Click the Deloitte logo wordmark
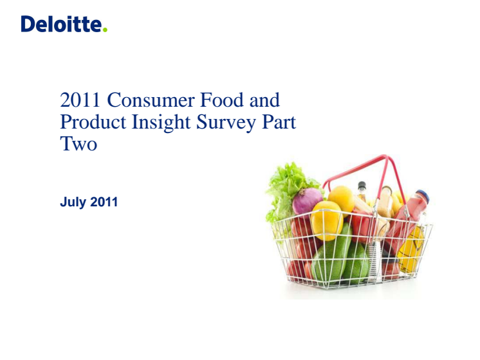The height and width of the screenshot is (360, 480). click(61, 24)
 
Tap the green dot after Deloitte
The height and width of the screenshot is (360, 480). click(105, 30)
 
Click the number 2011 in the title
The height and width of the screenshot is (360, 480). click(80, 100)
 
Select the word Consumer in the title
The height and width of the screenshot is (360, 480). click(151, 100)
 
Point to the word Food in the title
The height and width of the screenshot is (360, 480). click(221, 100)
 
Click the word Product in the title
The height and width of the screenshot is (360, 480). click(93, 122)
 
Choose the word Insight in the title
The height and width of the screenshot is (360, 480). click(161, 123)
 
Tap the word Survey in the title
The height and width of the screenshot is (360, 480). click(226, 123)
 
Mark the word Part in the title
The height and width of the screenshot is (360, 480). click(279, 122)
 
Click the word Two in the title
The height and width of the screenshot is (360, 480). click(78, 144)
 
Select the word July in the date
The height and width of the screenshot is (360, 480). click(73, 203)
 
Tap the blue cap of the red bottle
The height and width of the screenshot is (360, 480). click(423, 196)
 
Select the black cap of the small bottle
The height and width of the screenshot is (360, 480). click(362, 186)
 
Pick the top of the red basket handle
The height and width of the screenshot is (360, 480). click(384, 157)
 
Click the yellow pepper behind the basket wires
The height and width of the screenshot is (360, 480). click(326, 221)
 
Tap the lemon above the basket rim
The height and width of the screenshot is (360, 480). click(341, 199)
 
